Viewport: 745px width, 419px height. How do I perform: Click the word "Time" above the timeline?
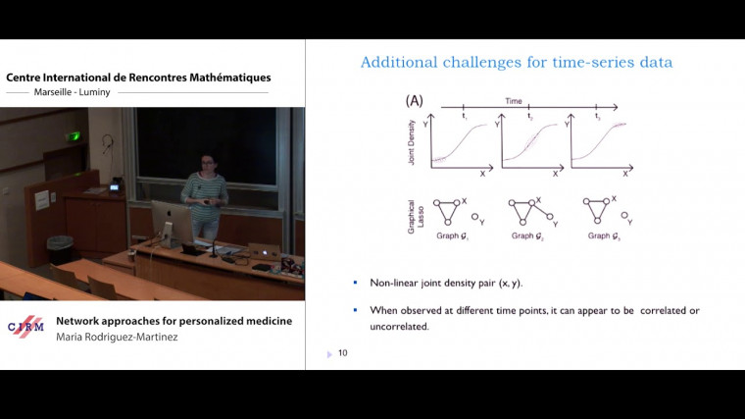click(514, 101)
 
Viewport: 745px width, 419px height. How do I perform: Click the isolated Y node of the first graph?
click(473, 217)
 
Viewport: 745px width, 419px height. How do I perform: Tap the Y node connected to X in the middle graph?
click(551, 218)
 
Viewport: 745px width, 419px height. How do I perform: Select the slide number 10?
click(342, 353)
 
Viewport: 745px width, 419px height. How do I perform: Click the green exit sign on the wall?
click(73, 135)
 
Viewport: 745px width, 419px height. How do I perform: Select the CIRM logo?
click(25, 327)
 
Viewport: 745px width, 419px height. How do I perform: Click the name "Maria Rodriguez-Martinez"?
click(117, 337)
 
